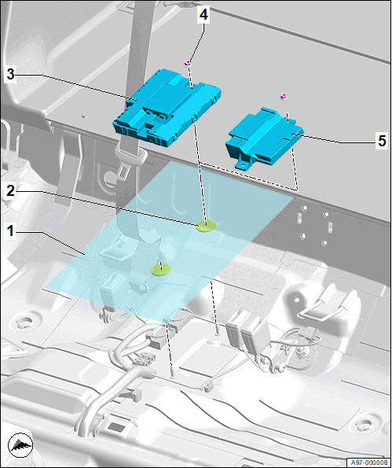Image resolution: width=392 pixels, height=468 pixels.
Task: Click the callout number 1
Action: (x=10, y=230)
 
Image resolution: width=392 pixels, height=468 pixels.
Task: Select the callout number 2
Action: (x=10, y=190)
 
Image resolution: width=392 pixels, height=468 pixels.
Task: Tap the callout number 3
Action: (x=10, y=74)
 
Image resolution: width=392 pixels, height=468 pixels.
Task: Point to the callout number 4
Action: (x=203, y=15)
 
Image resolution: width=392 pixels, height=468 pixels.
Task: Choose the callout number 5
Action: (x=382, y=141)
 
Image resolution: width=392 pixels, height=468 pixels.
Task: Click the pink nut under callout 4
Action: (x=188, y=63)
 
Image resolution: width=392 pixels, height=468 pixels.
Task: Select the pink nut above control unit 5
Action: (x=284, y=97)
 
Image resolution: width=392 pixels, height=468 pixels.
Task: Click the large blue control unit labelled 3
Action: (x=167, y=108)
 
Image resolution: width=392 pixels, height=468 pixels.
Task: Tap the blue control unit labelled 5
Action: (x=264, y=138)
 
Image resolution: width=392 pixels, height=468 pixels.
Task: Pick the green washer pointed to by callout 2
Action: (x=207, y=226)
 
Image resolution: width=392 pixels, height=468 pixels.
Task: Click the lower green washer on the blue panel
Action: (x=161, y=270)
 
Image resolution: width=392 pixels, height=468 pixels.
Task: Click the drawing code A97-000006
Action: (x=368, y=462)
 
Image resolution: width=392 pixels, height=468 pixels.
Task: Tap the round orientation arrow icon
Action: (x=20, y=445)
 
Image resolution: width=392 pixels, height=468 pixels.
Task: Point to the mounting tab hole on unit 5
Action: (x=244, y=164)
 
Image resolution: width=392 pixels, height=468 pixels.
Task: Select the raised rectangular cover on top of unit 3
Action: (x=168, y=99)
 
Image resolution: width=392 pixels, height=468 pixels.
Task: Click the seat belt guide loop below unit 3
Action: (x=131, y=153)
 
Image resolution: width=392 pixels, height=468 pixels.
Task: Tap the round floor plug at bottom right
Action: (x=365, y=423)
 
